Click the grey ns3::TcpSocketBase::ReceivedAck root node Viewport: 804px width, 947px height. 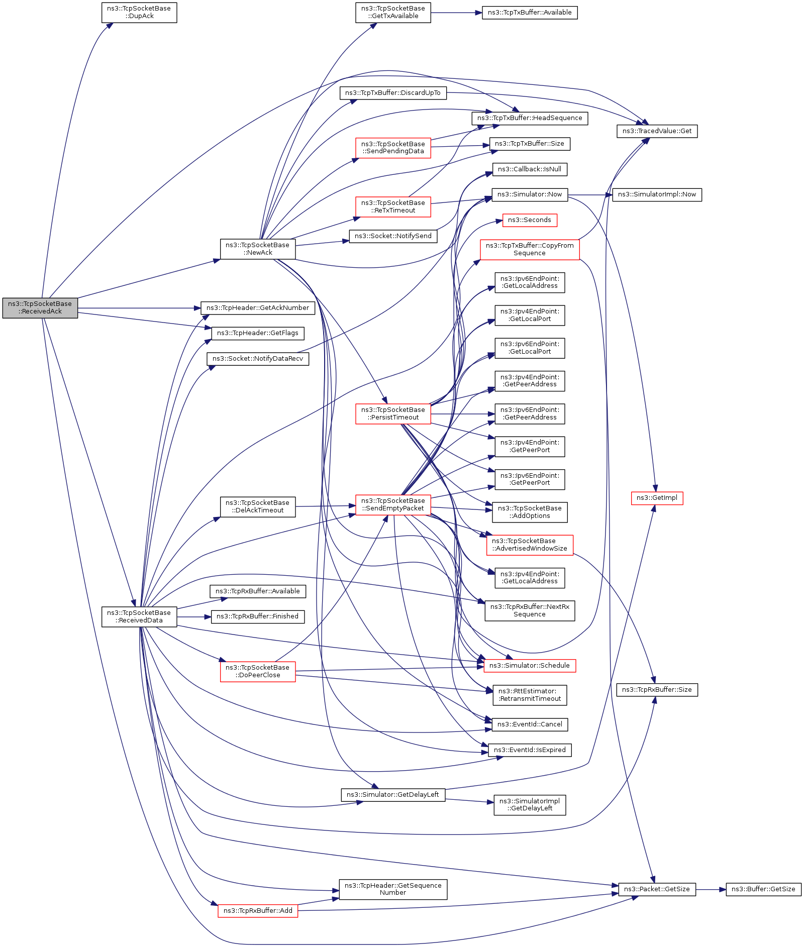tap(40, 307)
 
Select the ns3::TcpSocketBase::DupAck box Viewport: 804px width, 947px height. tap(139, 13)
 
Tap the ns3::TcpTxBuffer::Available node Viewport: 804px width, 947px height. tap(530, 13)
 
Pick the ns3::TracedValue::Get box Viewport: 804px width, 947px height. tap(657, 131)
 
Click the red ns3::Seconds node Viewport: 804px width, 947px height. tap(530, 220)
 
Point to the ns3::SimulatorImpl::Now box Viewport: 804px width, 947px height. tap(657, 194)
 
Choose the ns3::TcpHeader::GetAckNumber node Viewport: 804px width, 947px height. tap(258, 308)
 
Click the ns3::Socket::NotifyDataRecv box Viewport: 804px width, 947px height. tap(258, 359)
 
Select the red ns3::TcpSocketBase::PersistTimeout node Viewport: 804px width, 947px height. tap(393, 413)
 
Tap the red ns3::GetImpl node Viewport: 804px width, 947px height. tap(657, 498)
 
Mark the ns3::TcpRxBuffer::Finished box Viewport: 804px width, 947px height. tap(258, 616)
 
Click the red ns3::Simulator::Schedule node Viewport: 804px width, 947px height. tap(530, 666)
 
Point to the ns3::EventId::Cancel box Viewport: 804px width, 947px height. tap(530, 724)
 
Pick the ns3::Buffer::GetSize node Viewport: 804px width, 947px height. tap(763, 889)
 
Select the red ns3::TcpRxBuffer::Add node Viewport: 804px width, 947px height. tap(258, 911)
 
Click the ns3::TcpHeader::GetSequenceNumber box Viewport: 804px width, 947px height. tap(393, 889)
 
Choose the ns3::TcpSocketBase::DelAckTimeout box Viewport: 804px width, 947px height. tap(258, 506)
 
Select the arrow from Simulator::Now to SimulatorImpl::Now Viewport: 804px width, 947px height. tap(589, 194)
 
